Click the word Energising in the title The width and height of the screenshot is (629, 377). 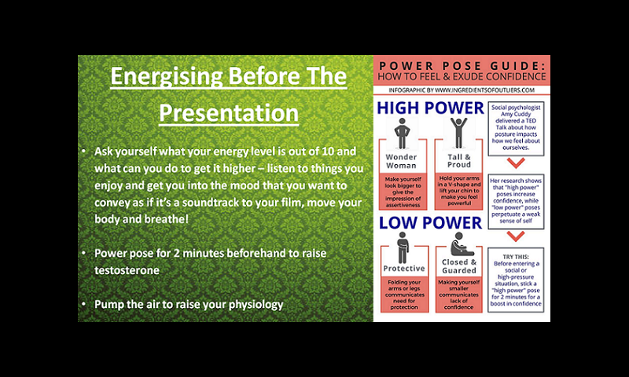(x=166, y=76)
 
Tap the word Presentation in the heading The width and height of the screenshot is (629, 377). (x=229, y=112)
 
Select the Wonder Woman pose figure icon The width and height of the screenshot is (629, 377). (x=402, y=134)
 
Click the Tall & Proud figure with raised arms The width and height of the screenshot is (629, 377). (x=458, y=133)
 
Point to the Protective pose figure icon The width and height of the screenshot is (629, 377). (x=403, y=247)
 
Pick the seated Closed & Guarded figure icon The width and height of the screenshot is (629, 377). (x=461, y=243)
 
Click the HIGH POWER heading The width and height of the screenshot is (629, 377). (x=430, y=108)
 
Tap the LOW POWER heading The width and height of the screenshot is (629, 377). (x=430, y=223)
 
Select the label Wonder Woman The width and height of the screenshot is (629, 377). (x=401, y=161)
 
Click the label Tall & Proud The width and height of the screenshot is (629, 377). (x=459, y=161)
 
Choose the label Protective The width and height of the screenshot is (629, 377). (x=404, y=269)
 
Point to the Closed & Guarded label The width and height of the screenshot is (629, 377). (x=459, y=266)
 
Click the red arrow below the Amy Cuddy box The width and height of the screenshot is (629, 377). (x=516, y=163)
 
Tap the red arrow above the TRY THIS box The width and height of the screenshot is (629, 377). (x=516, y=236)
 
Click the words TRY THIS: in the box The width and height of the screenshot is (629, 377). (x=516, y=257)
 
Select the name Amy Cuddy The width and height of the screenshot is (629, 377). (x=516, y=114)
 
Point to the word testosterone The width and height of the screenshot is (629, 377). (x=127, y=270)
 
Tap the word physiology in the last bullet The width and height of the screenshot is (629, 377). (x=256, y=305)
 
